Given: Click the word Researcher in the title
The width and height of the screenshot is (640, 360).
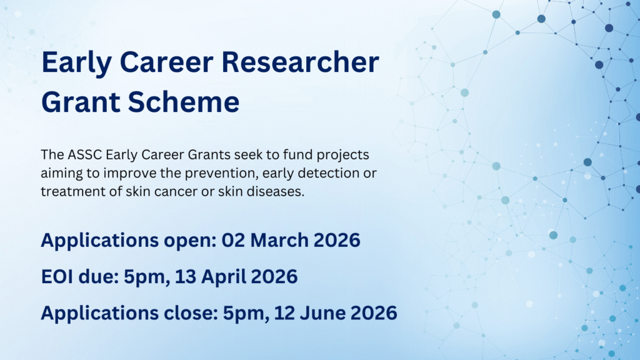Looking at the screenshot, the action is (x=301, y=62).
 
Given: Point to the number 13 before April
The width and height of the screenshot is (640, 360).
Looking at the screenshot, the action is (x=186, y=277).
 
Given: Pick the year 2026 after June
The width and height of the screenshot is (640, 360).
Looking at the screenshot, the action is (x=374, y=313).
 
